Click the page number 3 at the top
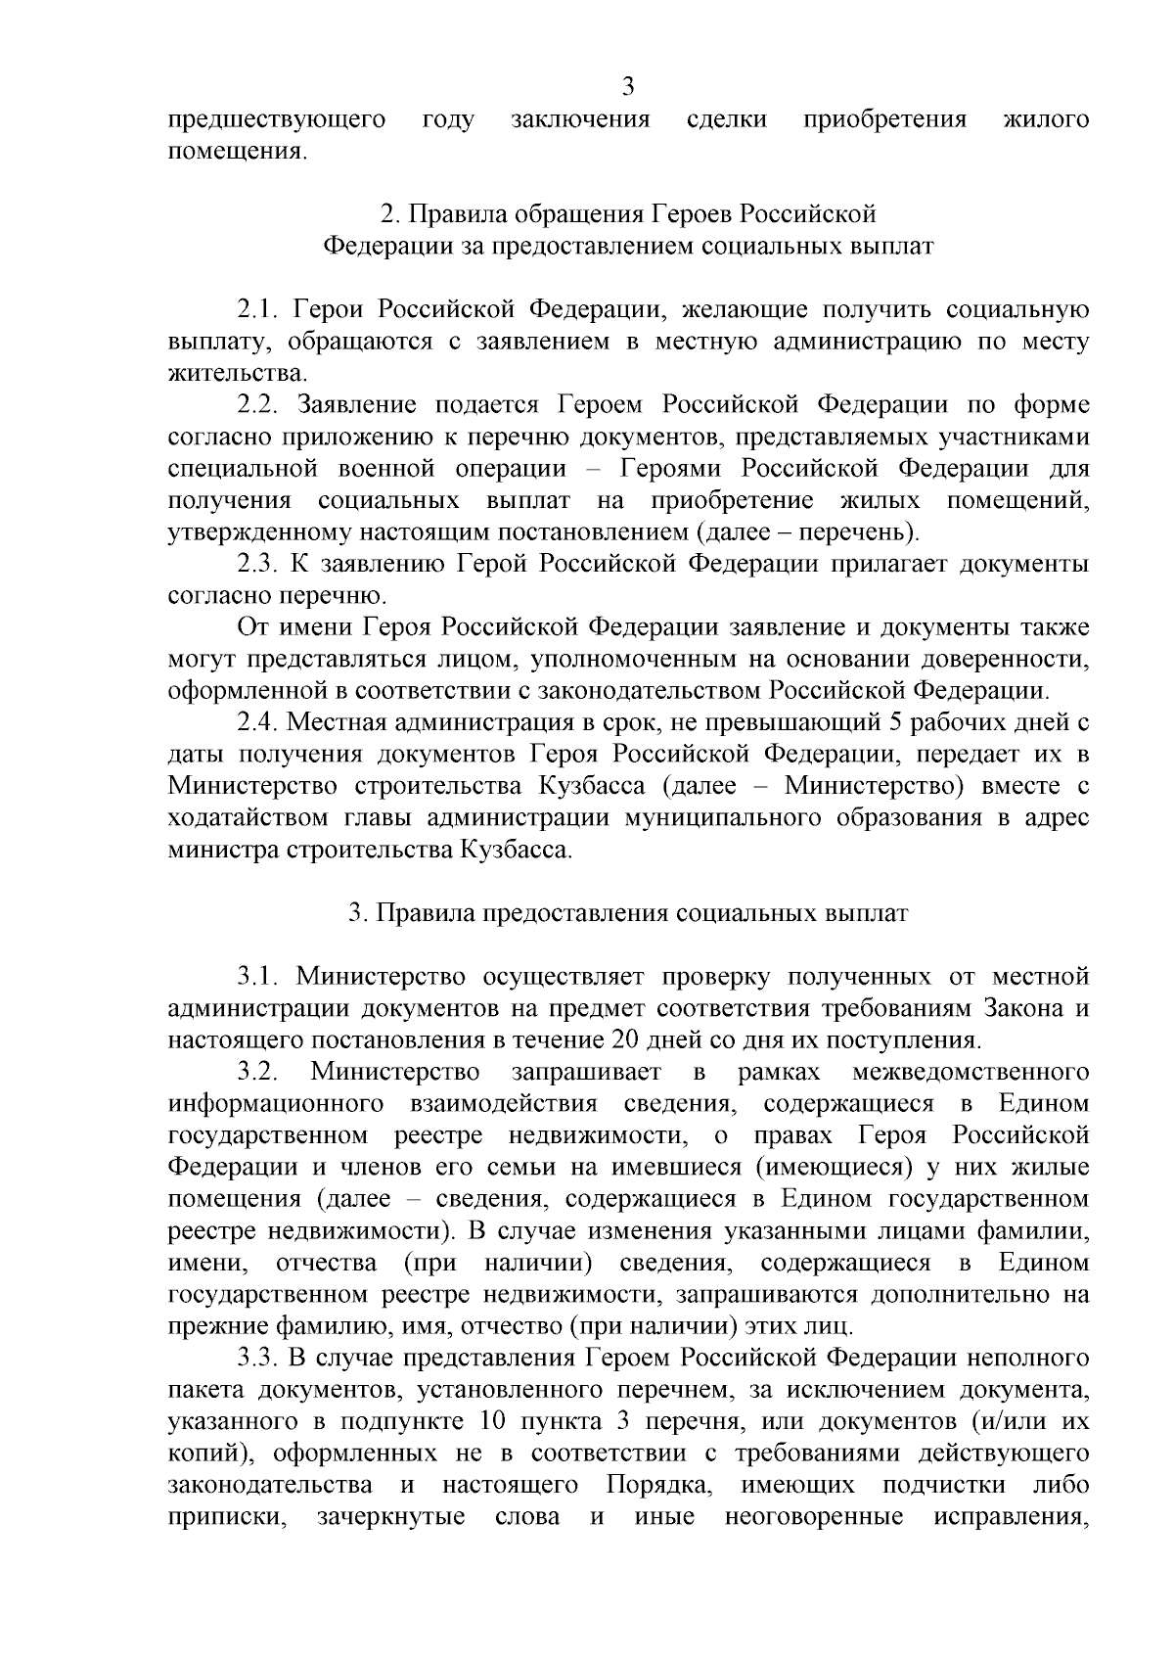pos(628,87)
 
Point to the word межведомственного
pos(971,1073)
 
